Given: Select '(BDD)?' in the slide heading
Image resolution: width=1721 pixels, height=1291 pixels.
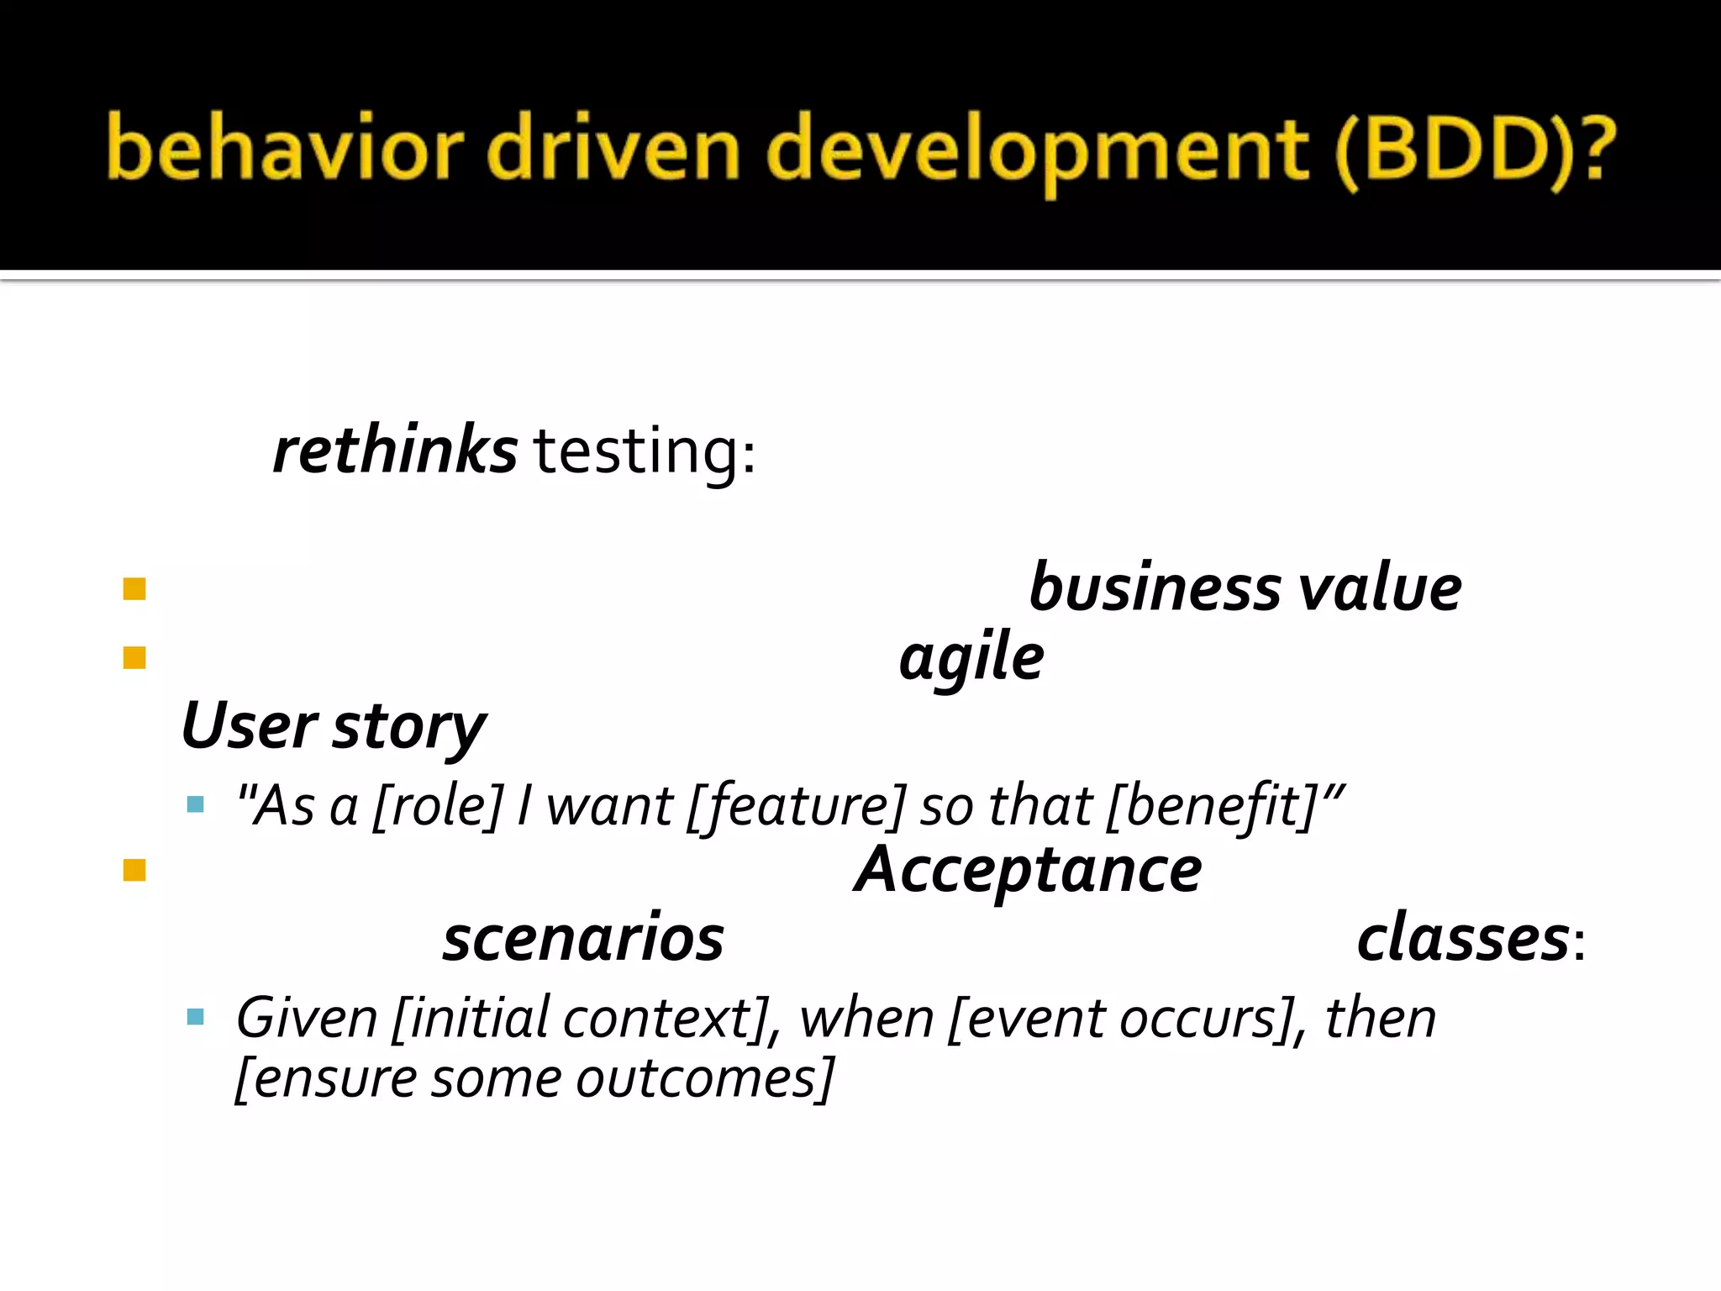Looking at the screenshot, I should (x=1475, y=151).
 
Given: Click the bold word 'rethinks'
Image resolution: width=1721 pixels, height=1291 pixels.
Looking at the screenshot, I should (x=395, y=451).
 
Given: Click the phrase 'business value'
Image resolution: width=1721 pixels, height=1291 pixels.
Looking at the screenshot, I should (x=1245, y=588).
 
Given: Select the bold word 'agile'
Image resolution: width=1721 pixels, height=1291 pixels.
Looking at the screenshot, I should (x=971, y=657).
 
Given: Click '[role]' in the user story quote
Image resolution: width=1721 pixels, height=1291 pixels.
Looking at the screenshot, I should (x=438, y=806).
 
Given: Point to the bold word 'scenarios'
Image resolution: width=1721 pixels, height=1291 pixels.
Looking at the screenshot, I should (x=583, y=938).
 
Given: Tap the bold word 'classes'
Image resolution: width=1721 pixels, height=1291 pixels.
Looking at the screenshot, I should (x=1463, y=938).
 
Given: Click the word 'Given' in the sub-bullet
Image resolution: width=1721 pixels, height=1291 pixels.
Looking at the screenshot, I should (x=307, y=1019).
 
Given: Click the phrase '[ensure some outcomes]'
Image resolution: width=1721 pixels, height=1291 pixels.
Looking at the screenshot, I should (x=535, y=1078).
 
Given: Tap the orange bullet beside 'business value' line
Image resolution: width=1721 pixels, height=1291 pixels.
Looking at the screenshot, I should (x=134, y=588).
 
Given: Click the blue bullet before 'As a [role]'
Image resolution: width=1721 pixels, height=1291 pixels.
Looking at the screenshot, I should (x=196, y=805).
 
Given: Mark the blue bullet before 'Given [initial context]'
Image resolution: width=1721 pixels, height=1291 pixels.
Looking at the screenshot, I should (x=196, y=1018).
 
